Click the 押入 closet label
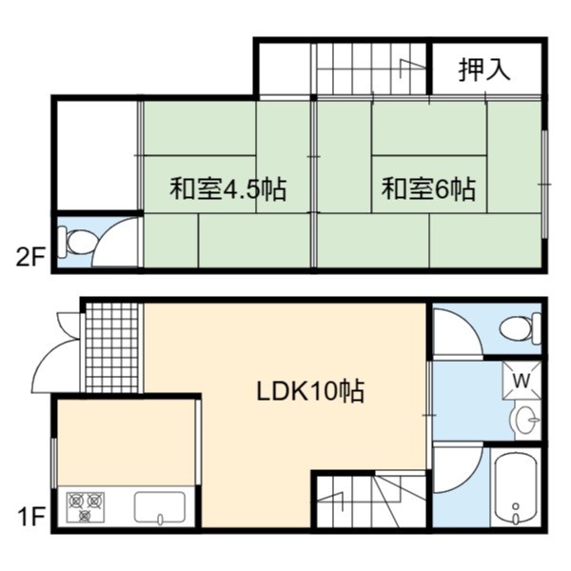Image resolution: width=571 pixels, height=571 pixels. coord(484,69)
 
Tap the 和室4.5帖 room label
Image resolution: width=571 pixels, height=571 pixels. coord(228,188)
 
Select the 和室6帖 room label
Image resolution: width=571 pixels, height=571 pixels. coord(428,188)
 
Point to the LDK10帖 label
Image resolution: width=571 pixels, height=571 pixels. coord(310,391)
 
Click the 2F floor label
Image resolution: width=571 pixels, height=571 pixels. coord(30,258)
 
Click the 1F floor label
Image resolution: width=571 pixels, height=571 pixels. coord(31,517)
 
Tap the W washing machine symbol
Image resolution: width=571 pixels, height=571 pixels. coord(522,381)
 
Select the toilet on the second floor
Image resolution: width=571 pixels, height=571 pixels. coord(76,242)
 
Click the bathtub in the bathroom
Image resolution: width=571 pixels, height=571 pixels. coord(516,488)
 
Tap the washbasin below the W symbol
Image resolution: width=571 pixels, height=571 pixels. coord(525,421)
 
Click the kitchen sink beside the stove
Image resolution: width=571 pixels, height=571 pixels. coord(160,507)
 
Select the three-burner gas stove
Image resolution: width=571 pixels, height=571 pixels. coord(86,506)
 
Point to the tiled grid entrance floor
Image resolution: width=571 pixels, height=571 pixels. coord(112,348)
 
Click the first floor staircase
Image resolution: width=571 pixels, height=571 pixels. coord(371,500)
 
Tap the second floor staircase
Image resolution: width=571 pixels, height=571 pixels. coord(371,69)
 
